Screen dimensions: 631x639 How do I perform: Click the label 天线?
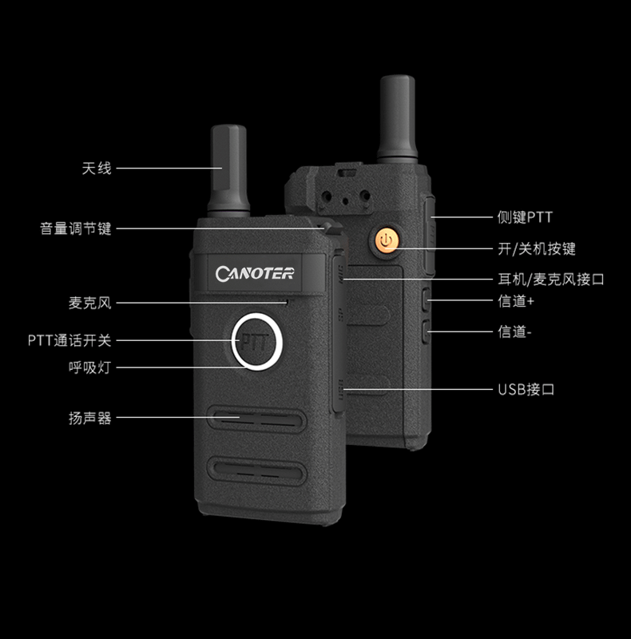pyautogui.click(x=97, y=169)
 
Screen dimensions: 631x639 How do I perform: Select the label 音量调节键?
pyautogui.click(x=76, y=228)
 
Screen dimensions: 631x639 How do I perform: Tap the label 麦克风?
pyautogui.click(x=89, y=303)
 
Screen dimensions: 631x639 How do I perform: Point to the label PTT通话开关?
pyautogui.click(x=69, y=340)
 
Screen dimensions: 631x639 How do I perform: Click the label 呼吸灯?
pyautogui.click(x=89, y=367)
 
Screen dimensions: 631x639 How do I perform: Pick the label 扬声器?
pyautogui.click(x=89, y=418)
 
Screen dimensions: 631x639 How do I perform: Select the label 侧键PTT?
pyautogui.click(x=525, y=217)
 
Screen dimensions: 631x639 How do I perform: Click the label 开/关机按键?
pyautogui.click(x=537, y=248)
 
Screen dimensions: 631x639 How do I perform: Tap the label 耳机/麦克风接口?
pyautogui.click(x=550, y=280)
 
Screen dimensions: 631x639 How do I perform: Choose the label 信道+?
pyautogui.click(x=516, y=301)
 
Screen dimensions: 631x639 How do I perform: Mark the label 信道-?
pyautogui.click(x=514, y=331)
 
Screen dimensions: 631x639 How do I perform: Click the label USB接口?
pyautogui.click(x=526, y=390)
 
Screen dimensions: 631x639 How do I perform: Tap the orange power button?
pyautogui.click(x=386, y=240)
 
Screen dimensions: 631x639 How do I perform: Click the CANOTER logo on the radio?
pyautogui.click(x=255, y=273)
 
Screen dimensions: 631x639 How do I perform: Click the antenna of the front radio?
pyautogui.click(x=228, y=170)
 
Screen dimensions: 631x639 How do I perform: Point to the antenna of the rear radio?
pyautogui.click(x=398, y=118)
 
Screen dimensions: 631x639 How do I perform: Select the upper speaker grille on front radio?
pyautogui.click(x=257, y=418)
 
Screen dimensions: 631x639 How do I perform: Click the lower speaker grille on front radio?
pyautogui.click(x=257, y=470)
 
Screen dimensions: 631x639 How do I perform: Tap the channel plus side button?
pyautogui.click(x=426, y=300)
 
